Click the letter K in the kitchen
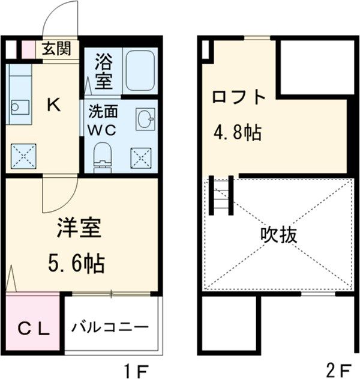click(53, 105)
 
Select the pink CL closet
click(32, 328)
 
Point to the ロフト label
click(238, 97)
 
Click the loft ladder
click(221, 195)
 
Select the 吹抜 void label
click(278, 234)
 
